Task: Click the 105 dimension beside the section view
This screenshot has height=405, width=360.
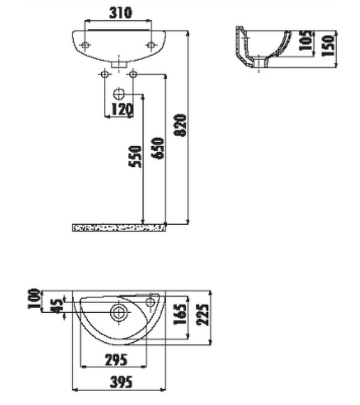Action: point(305,43)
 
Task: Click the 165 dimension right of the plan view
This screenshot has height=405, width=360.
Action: point(179,314)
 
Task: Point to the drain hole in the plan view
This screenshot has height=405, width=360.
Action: point(119,311)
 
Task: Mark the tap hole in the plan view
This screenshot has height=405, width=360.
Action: point(151,303)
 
